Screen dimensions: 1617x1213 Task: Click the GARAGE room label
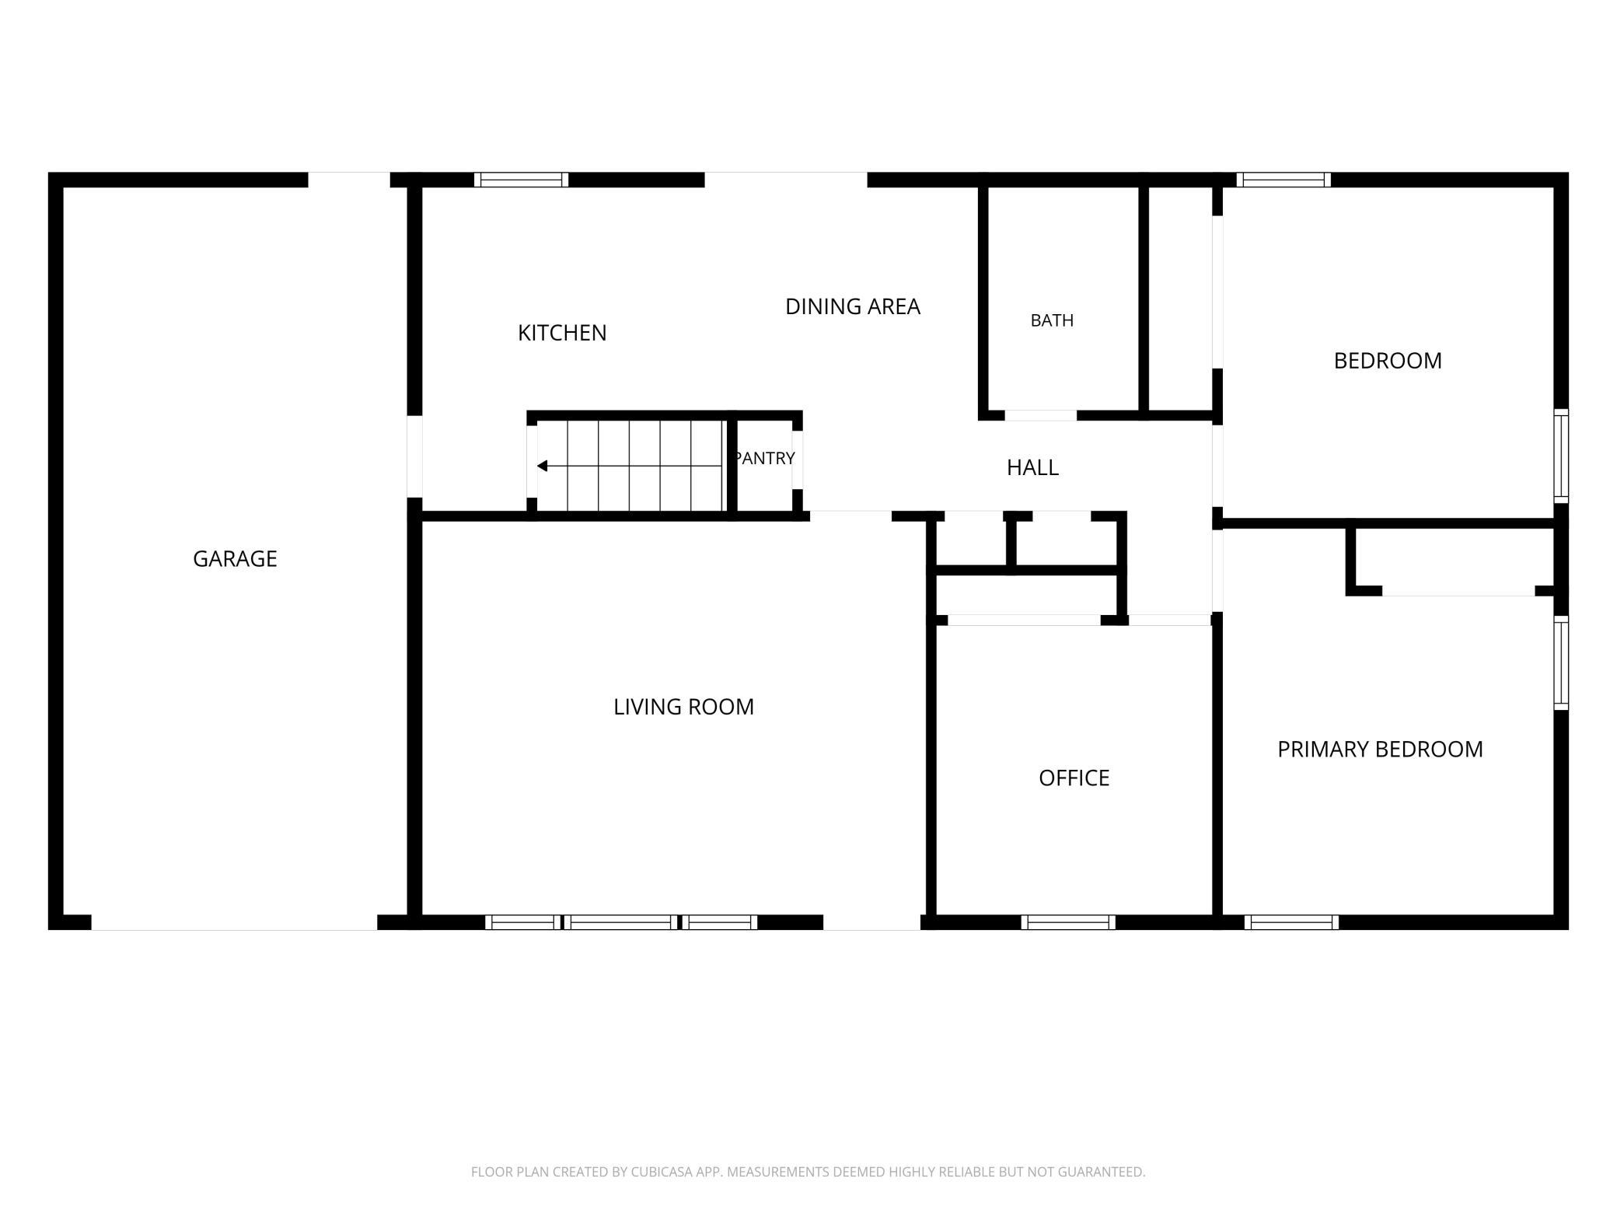tap(235, 558)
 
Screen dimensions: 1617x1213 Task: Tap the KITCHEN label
tap(562, 333)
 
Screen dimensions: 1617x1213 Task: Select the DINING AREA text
tap(853, 306)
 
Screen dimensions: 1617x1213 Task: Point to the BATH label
tap(1052, 320)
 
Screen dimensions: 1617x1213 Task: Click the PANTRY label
tap(765, 458)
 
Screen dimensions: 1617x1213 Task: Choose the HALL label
tap(1032, 467)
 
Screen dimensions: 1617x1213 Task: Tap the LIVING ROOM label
tap(683, 707)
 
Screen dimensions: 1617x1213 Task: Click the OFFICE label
tap(1074, 778)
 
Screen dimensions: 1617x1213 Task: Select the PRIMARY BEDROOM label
tap(1380, 749)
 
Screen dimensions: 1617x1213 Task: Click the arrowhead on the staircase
tap(542, 466)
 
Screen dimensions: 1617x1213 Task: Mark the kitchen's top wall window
tap(521, 180)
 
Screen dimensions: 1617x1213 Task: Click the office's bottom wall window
tap(1067, 922)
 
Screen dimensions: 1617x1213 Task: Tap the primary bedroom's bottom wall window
tap(1291, 922)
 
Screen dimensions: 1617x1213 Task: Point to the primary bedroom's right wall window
tap(1561, 662)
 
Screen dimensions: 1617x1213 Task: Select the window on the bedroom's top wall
tap(1283, 180)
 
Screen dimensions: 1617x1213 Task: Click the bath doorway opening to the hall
tap(1041, 415)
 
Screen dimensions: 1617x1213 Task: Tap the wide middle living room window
tap(620, 922)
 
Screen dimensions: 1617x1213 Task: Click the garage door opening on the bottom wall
tap(234, 922)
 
